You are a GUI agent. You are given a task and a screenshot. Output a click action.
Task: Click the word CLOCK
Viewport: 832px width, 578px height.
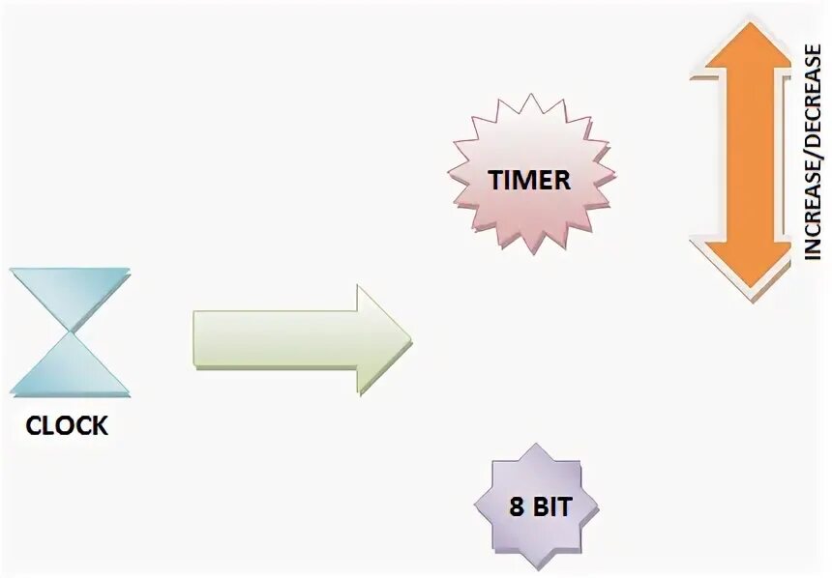[x=67, y=425]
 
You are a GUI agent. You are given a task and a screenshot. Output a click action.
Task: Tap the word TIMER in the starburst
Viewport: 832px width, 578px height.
[x=529, y=181]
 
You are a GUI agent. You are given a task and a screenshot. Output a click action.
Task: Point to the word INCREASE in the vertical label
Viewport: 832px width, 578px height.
[x=813, y=209]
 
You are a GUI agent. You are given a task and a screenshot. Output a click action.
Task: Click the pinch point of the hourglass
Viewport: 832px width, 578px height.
[x=70, y=331]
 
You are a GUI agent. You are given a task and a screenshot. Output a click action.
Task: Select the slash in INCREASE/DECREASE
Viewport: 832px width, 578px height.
[x=813, y=159]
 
